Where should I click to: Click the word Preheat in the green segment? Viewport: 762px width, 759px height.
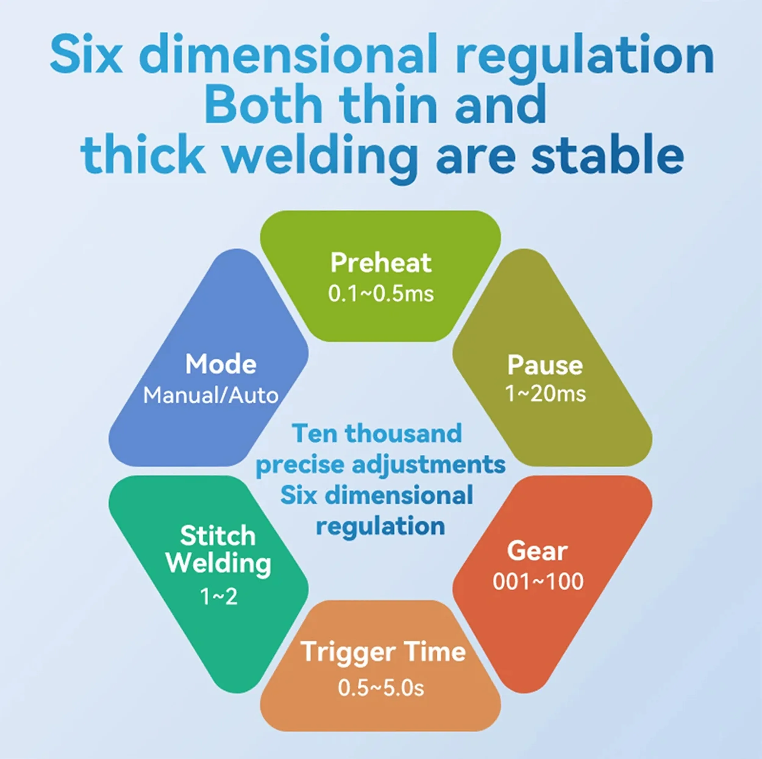[381, 263]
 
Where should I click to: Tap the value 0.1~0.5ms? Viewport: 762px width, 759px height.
[381, 294]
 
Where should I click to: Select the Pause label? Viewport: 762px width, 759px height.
[545, 365]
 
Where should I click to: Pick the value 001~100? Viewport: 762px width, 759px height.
[538, 582]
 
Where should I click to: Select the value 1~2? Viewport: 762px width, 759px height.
[219, 596]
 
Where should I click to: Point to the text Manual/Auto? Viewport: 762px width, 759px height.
[211, 395]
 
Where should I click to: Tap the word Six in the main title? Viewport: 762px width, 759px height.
[86, 53]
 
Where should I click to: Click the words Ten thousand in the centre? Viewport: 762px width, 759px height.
[377, 433]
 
